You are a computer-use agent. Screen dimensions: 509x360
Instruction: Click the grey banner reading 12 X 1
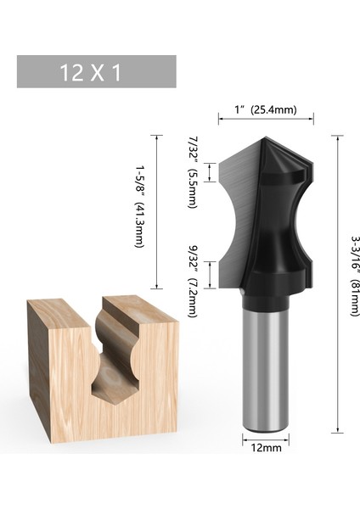coord(96,72)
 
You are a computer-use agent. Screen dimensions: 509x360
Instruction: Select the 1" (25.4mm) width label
coord(265,109)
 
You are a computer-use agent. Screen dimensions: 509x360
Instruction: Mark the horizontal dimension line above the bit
coord(266,120)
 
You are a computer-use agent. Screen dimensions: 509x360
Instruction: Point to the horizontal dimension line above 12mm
coord(266,437)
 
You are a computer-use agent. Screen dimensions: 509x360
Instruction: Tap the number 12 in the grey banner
coord(72,72)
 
